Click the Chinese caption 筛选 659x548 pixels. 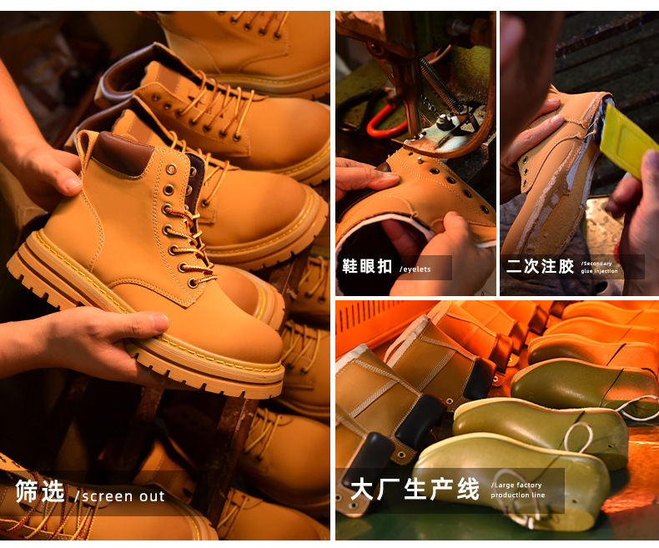(40, 491)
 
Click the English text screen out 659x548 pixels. (119, 496)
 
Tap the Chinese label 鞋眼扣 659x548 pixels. (367, 266)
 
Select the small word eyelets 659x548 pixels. (415, 269)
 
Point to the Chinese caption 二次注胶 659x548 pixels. (540, 266)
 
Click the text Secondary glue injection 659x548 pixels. (599, 267)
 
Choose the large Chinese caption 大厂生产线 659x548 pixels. (415, 489)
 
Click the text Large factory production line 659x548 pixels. (518, 490)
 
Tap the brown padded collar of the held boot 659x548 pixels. (123, 153)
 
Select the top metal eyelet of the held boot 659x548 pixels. (172, 169)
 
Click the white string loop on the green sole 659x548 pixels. (579, 439)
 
